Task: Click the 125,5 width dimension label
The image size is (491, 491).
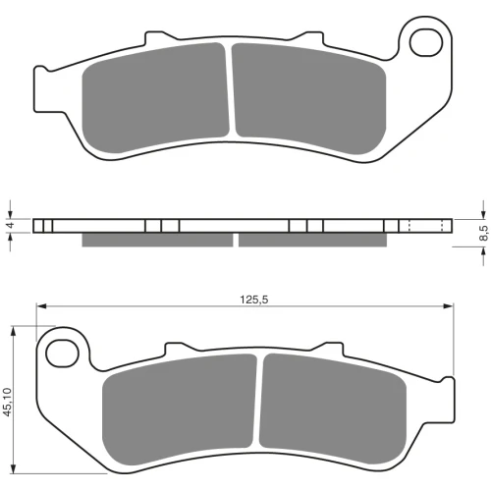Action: pos(254,300)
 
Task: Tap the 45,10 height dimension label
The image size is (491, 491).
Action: pos(7,402)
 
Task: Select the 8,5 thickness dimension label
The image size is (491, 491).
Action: pos(483,233)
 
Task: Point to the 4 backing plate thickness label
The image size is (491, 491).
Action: pos(11,225)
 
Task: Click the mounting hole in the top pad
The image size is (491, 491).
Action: pos(426,43)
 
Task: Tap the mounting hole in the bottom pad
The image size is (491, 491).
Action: pos(63,354)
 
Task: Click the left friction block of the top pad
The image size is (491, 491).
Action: pos(155,97)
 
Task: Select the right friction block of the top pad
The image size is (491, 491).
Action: pos(309,98)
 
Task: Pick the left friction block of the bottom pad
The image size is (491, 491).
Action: pos(180,409)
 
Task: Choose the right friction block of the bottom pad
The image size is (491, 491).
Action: pos(333,409)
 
